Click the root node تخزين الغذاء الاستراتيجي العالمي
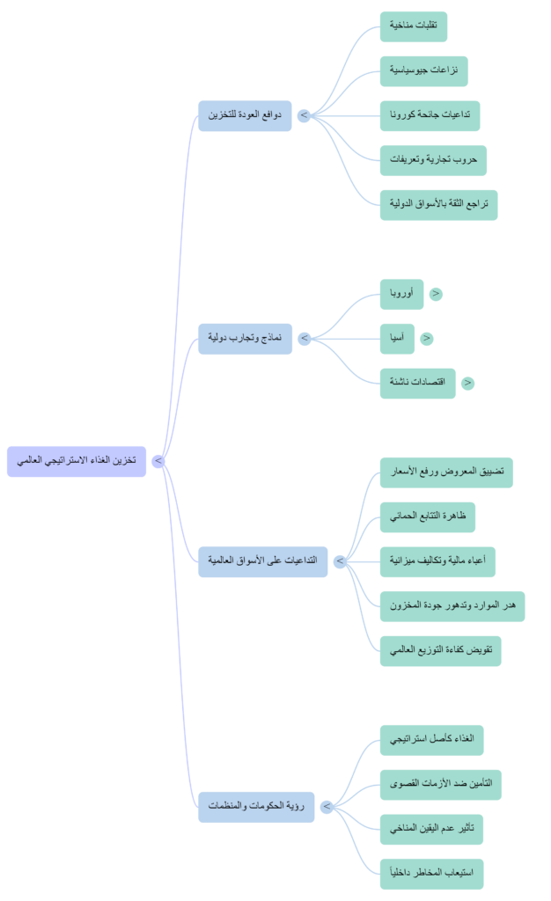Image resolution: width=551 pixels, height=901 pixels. tap(77, 461)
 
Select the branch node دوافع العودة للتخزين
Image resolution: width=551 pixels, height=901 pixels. tap(245, 115)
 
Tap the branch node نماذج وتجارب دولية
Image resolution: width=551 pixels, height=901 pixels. tap(245, 339)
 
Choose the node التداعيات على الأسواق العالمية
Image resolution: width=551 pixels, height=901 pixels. tap(262, 561)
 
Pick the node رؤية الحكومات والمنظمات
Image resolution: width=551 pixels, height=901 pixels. tap(255, 806)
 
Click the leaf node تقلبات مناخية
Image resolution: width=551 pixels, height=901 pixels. tap(414, 26)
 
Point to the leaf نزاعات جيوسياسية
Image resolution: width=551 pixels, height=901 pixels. tap(424, 70)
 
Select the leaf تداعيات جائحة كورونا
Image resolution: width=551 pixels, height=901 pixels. tap(430, 115)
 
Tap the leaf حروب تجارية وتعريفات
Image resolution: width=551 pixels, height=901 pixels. tap(433, 160)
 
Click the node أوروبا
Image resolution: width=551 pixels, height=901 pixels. tap(401, 294)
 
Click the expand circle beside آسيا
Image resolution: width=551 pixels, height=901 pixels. tap(427, 339)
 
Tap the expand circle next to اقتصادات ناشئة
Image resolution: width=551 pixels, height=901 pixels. tap(467, 384)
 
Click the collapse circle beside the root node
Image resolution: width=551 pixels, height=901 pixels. tap(158, 461)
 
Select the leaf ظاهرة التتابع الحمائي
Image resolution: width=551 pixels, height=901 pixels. tap(428, 516)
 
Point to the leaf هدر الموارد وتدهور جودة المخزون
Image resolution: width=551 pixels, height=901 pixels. tap(452, 606)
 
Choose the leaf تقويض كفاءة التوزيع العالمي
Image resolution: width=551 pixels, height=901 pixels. tap(440, 651)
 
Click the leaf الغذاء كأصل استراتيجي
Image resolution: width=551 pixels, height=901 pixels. tap(432, 740)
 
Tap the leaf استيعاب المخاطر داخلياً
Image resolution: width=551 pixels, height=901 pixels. tap(431, 874)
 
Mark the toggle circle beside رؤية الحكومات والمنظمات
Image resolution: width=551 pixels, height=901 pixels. tap(327, 806)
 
